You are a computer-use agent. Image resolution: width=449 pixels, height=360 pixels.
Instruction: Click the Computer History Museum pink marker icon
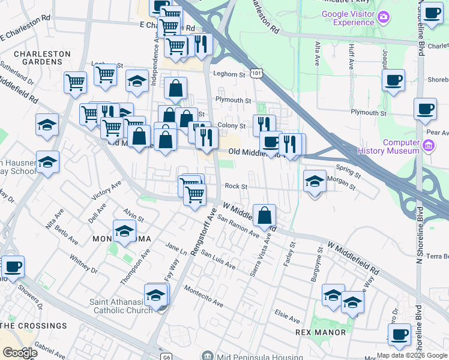pos(429,146)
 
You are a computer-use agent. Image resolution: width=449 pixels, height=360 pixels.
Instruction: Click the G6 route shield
pos(166,356)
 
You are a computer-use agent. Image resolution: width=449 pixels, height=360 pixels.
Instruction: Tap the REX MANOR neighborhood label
pos(321,332)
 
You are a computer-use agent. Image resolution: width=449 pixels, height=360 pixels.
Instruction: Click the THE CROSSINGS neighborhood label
pos(34,326)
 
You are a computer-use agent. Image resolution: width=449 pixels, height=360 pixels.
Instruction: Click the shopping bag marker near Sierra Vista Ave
pos(264,215)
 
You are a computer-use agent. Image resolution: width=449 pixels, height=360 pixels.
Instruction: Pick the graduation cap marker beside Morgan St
pos(314,181)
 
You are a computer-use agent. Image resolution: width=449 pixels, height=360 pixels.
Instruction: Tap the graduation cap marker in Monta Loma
pos(124,231)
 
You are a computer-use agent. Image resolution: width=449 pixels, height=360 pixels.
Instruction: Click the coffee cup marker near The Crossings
pos(13,265)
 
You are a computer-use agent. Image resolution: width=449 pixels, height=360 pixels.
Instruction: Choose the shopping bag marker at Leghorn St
pos(175,88)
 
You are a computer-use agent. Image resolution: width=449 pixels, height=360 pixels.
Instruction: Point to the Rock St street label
pos(236,187)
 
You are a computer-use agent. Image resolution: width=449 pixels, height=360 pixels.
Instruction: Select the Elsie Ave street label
pos(286,316)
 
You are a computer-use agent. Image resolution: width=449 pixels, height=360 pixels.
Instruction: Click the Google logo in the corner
pos(19,353)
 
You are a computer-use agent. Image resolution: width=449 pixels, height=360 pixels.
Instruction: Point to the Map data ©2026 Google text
pos(412,355)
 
